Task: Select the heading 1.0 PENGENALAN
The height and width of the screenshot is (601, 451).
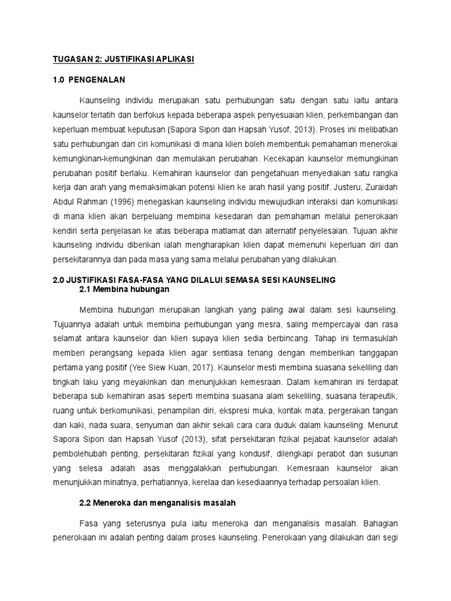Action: coord(89,79)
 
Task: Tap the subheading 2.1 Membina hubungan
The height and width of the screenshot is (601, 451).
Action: coord(124,289)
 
